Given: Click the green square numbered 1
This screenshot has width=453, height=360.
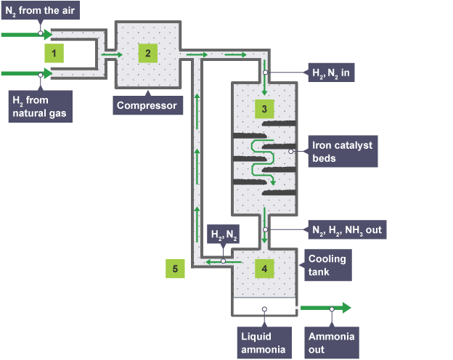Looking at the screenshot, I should (54, 52).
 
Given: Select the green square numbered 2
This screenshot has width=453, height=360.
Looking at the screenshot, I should (147, 52).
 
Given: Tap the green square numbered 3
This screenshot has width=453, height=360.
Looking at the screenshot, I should (264, 109).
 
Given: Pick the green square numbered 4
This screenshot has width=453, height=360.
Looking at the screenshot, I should (264, 268).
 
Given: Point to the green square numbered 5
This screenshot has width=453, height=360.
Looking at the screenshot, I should (174, 268).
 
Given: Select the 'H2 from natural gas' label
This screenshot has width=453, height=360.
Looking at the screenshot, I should (38, 106).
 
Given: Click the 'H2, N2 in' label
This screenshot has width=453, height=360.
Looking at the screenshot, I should (330, 73).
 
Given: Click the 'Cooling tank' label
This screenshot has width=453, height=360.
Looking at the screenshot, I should (327, 265).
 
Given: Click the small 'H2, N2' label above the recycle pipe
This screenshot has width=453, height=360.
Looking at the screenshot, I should (223, 234).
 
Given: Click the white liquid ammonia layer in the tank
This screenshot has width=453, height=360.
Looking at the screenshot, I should (264, 307).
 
